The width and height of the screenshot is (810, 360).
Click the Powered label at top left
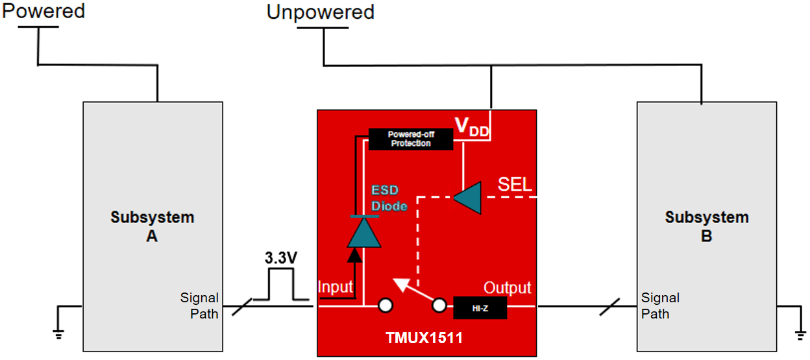(x=43, y=11)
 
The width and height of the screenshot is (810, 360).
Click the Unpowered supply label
(x=320, y=12)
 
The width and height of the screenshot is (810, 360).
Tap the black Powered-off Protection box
(x=410, y=139)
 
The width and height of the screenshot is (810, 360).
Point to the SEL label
(x=515, y=184)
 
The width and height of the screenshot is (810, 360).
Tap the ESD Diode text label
(x=389, y=198)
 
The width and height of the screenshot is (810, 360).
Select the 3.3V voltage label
(x=281, y=258)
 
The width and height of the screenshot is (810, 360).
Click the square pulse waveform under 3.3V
(x=281, y=285)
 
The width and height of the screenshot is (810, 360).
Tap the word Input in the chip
(x=335, y=287)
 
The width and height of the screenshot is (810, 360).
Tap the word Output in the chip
(x=507, y=287)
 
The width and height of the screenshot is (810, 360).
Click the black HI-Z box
(x=480, y=308)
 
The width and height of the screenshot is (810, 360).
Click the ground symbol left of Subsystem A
(x=58, y=332)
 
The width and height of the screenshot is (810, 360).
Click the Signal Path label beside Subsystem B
(x=659, y=306)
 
